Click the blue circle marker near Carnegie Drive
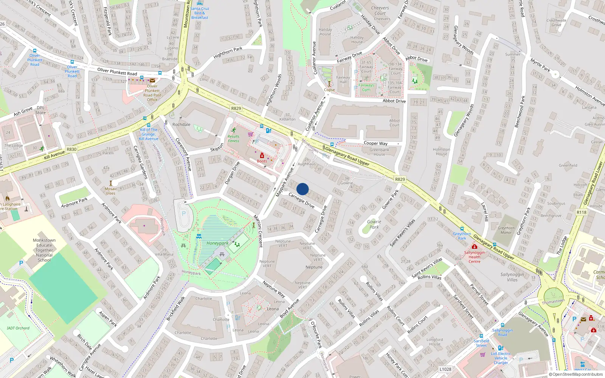click(x=302, y=189)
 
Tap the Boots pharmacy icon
click(x=262, y=156)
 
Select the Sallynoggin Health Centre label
click(x=474, y=257)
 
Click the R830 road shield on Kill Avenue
click(x=71, y=149)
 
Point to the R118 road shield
click(x=582, y=212)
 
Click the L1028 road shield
click(x=445, y=369)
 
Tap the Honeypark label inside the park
click(x=217, y=243)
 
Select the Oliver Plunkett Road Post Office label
click(x=152, y=93)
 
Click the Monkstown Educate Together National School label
click(x=44, y=250)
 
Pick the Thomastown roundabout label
click(x=553, y=302)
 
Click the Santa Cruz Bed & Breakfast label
click(x=200, y=13)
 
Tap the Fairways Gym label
click(x=366, y=87)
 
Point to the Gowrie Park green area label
click(x=374, y=225)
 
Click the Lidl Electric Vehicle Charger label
click(x=501, y=358)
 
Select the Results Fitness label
click(x=233, y=139)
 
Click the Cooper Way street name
click(x=375, y=143)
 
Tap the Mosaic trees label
click(x=111, y=191)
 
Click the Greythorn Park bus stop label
click(x=462, y=236)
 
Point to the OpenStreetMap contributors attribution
click(x=576, y=375)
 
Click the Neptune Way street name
click(x=274, y=289)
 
